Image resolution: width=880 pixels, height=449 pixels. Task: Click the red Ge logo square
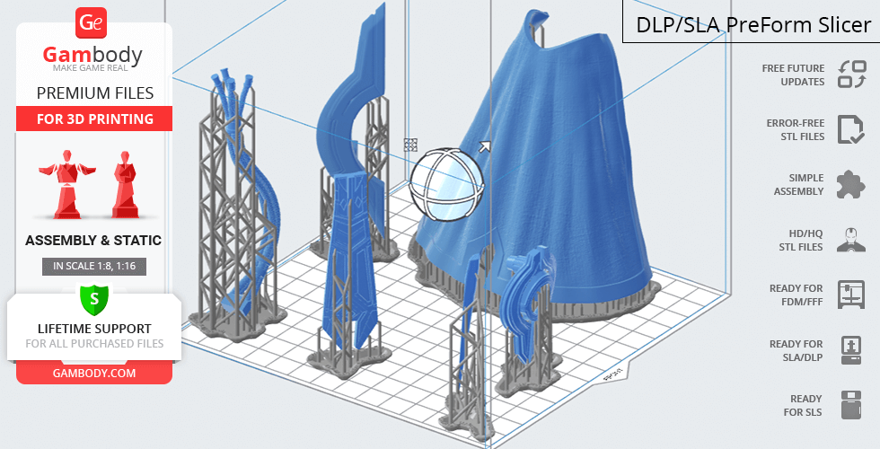coord(91,22)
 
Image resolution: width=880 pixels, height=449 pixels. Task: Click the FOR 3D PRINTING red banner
coord(94,119)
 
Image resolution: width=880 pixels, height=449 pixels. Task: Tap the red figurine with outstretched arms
coord(67,184)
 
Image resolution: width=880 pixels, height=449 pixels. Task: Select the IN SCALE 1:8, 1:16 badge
coord(94,266)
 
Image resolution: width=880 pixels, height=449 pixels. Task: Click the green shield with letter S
coord(94,299)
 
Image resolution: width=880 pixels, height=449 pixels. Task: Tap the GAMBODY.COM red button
coord(94,374)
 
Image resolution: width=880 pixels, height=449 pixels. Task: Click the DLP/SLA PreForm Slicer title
coord(753,25)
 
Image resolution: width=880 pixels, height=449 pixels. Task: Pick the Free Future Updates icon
coord(852,75)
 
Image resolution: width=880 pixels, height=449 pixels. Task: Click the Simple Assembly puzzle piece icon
coord(851,185)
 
